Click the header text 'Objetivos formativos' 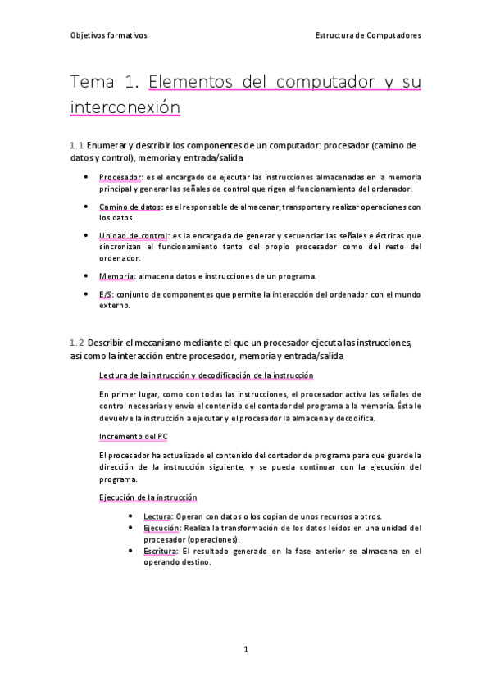pos(107,36)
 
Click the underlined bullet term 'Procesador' pos(120,176)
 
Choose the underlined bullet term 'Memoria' pos(117,276)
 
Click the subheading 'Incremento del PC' pos(133,436)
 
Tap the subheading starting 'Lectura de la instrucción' pos(205,375)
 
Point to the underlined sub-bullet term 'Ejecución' pos(161,529)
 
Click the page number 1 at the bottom pos(245,650)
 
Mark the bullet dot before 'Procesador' pos(87,176)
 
